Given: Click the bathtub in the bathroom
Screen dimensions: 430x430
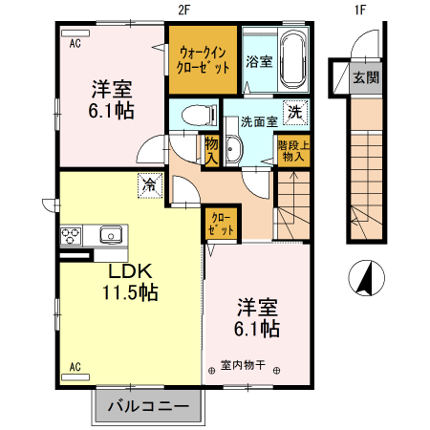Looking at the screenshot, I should coord(292,58).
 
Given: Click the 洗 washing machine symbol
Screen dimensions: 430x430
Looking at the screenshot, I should coord(295,112).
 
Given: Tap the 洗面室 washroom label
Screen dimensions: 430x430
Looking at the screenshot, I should coord(258,121).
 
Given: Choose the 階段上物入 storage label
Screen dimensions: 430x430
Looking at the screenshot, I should coord(290,151).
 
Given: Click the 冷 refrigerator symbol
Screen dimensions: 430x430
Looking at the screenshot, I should coord(151,185).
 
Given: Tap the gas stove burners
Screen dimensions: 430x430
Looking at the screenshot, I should coord(72,234).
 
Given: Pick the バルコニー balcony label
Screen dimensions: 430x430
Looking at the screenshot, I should coord(148,406).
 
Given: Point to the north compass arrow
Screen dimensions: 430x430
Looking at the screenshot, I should coord(363,278).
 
